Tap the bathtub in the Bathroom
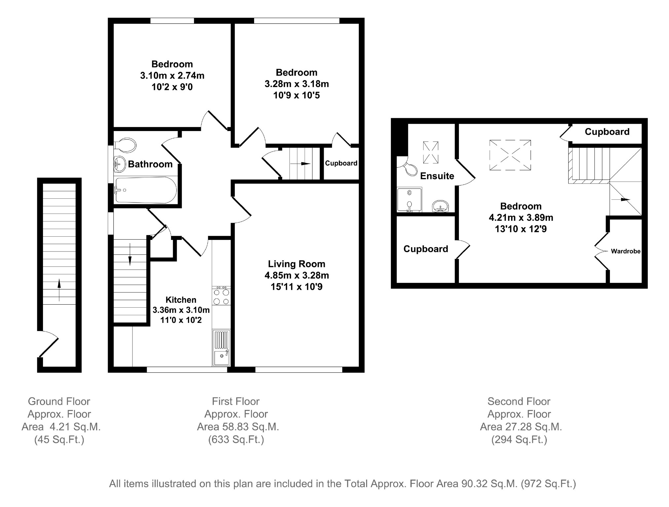145,190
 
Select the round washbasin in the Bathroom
119,164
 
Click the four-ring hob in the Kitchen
221,296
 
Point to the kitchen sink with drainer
221,348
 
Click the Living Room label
296,264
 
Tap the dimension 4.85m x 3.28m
296,275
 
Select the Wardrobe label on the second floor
625,251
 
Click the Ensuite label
437,176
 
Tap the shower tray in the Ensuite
409,200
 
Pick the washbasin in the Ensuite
440,206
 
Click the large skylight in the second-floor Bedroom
510,155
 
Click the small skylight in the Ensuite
431,152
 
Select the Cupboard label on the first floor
341,163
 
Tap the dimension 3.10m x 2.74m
172,76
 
